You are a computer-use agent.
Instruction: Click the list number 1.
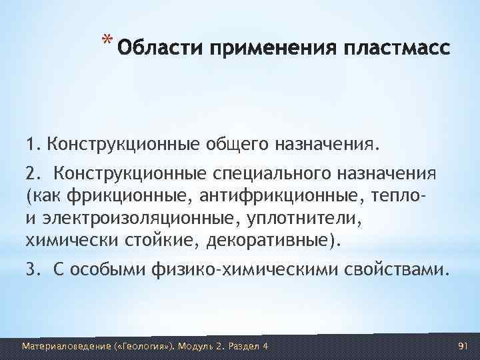click(x=31, y=143)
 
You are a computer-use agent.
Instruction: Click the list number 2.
click(x=32, y=174)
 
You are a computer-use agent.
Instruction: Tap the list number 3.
click(x=32, y=270)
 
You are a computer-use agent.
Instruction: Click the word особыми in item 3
click(x=109, y=270)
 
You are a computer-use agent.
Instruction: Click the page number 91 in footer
click(x=465, y=346)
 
